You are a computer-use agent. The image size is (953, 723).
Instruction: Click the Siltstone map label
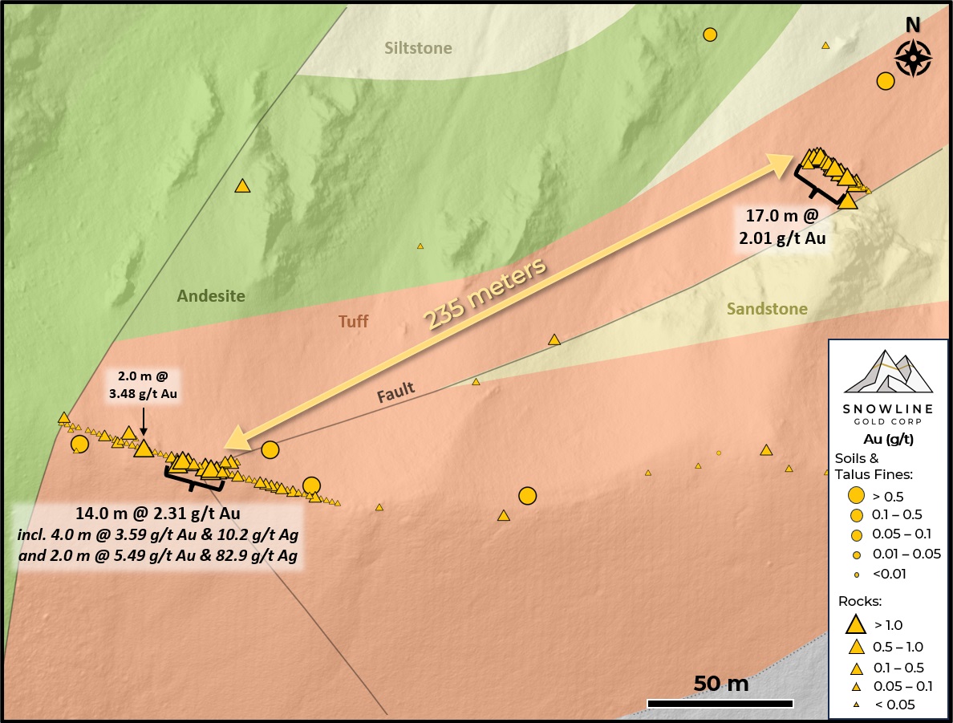click(x=418, y=48)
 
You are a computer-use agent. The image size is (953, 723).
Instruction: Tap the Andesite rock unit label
click(x=211, y=296)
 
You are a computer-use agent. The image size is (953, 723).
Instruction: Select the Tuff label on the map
click(x=354, y=321)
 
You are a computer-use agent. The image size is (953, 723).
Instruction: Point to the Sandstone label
click(x=767, y=309)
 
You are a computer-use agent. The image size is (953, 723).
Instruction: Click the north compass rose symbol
click(x=913, y=58)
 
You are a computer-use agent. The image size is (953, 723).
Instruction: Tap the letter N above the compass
click(x=913, y=26)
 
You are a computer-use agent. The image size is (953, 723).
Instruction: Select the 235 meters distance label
click(x=486, y=294)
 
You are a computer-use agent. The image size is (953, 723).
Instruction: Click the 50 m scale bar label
click(x=720, y=684)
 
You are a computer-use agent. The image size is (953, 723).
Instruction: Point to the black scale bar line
click(x=720, y=704)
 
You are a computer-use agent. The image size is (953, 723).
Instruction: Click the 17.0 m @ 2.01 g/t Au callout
click(x=782, y=226)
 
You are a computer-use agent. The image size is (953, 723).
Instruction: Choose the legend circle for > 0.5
click(x=857, y=496)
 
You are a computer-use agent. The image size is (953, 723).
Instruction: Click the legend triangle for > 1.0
click(x=857, y=623)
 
